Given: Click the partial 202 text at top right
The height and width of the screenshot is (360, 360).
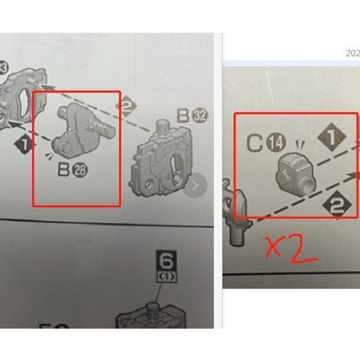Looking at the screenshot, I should [x=352, y=53].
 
